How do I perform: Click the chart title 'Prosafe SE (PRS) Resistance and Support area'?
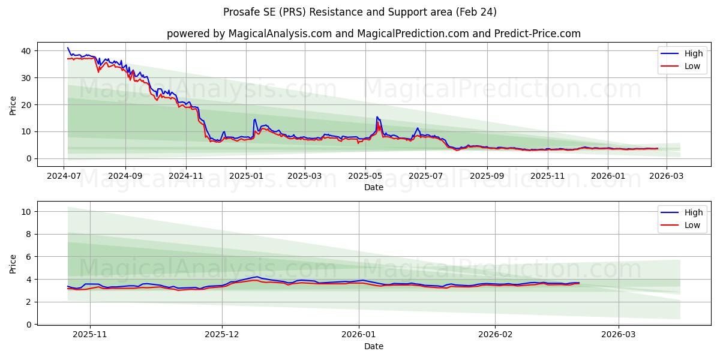(x=360, y=12)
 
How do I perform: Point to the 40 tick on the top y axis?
(x=26, y=51)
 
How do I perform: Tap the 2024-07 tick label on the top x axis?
(x=64, y=176)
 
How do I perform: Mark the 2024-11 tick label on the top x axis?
(x=186, y=176)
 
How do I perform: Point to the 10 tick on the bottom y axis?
(x=26, y=212)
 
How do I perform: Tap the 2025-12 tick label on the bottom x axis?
(x=222, y=335)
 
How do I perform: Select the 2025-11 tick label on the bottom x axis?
(x=90, y=335)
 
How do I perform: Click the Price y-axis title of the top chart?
(x=13, y=104)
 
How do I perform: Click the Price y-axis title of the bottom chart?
(x=13, y=263)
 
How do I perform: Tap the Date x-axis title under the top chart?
(x=373, y=187)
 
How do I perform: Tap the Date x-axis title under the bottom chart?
(x=373, y=346)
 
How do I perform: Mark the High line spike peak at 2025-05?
(x=377, y=116)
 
